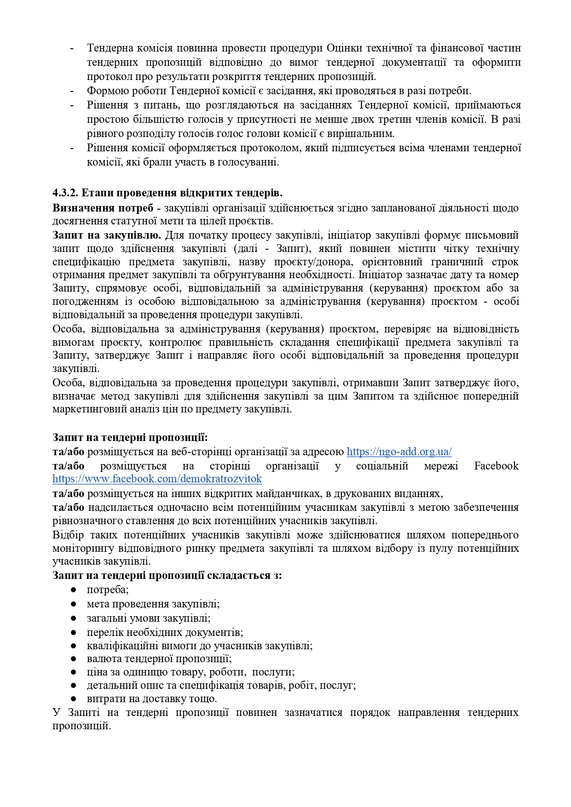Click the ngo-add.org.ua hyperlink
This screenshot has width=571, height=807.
(399, 452)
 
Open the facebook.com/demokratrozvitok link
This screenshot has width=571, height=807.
(157, 479)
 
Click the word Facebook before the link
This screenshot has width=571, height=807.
(496, 466)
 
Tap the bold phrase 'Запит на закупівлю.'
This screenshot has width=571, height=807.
(107, 235)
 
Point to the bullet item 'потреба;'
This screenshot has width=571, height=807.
(108, 590)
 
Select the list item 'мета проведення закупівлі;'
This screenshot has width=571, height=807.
(153, 604)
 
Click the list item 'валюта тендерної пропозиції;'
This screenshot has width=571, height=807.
(159, 658)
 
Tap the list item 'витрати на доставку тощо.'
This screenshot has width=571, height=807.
(152, 698)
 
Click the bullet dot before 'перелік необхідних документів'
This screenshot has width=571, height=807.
(73, 632)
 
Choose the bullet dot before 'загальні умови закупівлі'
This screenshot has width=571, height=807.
(73, 618)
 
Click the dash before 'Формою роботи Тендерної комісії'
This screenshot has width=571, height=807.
(72, 91)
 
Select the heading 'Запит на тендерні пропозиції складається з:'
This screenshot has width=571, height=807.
(167, 575)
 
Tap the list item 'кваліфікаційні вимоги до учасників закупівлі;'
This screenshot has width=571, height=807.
(200, 646)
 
